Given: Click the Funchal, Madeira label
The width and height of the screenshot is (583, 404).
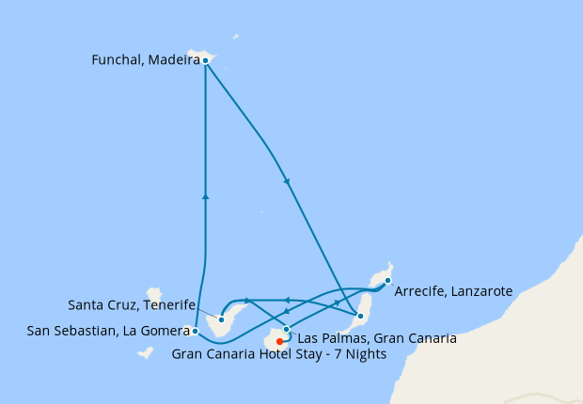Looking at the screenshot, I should (145, 60).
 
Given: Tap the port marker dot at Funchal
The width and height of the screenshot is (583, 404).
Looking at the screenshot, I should (205, 60).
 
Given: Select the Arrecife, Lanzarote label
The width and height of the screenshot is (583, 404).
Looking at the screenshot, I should (453, 291).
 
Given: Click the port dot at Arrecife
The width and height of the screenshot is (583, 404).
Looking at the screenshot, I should (387, 280).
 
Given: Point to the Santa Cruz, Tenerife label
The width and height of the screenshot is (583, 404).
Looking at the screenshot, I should (132, 305).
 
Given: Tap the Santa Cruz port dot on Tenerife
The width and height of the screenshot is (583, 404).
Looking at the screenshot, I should (221, 319).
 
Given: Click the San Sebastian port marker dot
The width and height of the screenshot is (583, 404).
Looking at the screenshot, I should (194, 331).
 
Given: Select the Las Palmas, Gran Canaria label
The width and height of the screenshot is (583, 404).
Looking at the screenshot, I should (377, 338).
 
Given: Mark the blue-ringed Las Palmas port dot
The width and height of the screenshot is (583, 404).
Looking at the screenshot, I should (287, 329).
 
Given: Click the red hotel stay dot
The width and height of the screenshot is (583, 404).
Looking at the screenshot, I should (279, 341).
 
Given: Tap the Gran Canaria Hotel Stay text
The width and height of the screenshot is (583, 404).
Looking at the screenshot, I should (276, 354).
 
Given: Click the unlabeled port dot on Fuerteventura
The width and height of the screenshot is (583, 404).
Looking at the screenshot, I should (360, 316).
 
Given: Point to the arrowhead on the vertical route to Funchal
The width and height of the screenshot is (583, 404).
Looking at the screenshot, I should (205, 196).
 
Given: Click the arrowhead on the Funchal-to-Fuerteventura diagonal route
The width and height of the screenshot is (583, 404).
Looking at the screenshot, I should (286, 181).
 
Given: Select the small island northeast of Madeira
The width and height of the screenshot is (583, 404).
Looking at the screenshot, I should (235, 38).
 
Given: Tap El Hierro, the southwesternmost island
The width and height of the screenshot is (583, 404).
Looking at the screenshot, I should (145, 353).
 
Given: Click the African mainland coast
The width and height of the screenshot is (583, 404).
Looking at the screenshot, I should (527, 329).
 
